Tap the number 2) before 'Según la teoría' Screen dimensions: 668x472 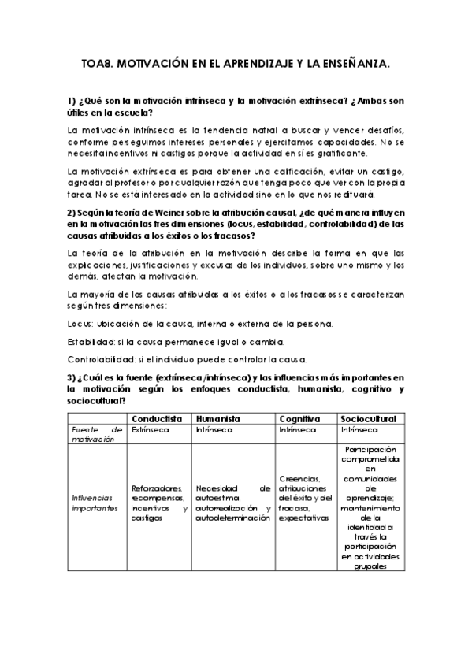pyautogui.click(x=72, y=213)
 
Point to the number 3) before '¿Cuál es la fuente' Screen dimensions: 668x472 pyautogui.click(x=72, y=378)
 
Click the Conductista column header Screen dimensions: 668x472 pyautogui.click(x=158, y=418)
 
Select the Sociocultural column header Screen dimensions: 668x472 pyautogui.click(x=368, y=418)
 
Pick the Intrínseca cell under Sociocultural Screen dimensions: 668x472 pyautogui.click(x=360, y=430)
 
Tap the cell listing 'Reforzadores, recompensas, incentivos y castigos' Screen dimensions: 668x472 pyautogui.click(x=159, y=503)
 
